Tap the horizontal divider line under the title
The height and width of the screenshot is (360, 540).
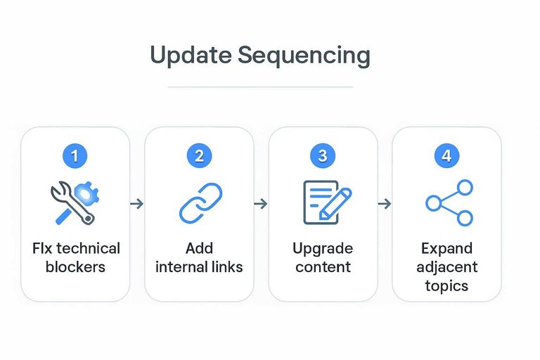pos(260,87)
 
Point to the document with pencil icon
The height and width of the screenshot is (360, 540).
pos(323,203)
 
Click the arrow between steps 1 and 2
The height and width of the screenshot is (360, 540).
pos(137,204)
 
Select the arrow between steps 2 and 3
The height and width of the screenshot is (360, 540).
pos(261,204)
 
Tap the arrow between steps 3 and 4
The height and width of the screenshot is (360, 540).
pos(385,204)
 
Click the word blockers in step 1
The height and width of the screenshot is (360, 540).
pos(75,267)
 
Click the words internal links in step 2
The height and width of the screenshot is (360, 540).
pos(199,267)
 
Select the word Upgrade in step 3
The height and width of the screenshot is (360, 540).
pos(323,249)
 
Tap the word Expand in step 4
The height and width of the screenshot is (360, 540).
pos(446,249)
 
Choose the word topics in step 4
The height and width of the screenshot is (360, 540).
pos(446,286)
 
